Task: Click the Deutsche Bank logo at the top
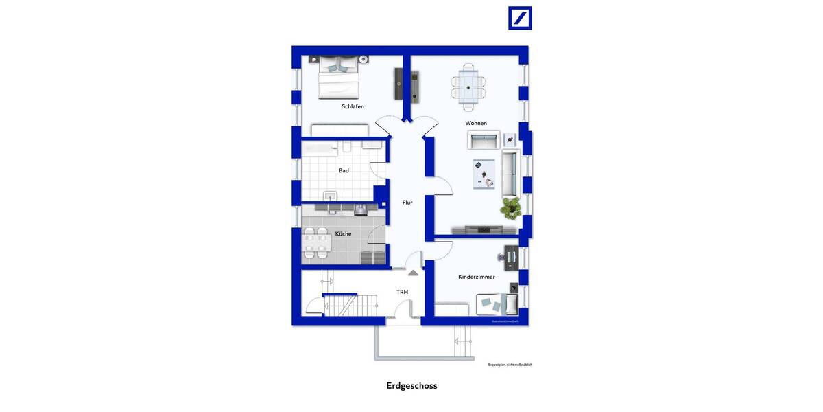pos(520,18)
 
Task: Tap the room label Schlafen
pos(353,106)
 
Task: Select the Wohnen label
pos(476,123)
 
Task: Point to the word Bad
pos(344,170)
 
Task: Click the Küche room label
pos(343,234)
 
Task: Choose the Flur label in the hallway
pos(407,203)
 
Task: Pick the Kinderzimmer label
pos(477,277)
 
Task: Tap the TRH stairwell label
pos(402,292)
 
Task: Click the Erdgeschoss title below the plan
pos(411,385)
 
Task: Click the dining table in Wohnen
pos(468,87)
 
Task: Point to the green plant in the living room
pos(510,207)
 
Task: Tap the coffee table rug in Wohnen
pos(484,174)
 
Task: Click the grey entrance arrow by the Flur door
pos(413,273)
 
